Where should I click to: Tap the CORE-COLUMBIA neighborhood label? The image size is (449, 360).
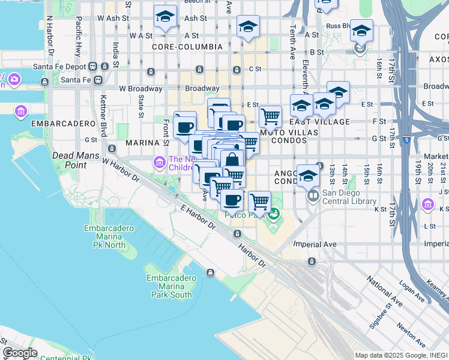(x=179, y=46)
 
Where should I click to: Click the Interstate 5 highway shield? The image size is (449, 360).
(x=407, y=140)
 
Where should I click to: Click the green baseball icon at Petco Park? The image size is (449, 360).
(x=274, y=213)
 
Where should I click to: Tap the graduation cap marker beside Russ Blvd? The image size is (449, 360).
(x=361, y=31)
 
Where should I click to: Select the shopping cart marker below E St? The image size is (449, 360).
(x=270, y=115)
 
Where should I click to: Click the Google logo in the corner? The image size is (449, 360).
(x=20, y=352)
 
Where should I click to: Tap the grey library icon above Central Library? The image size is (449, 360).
(x=313, y=196)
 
